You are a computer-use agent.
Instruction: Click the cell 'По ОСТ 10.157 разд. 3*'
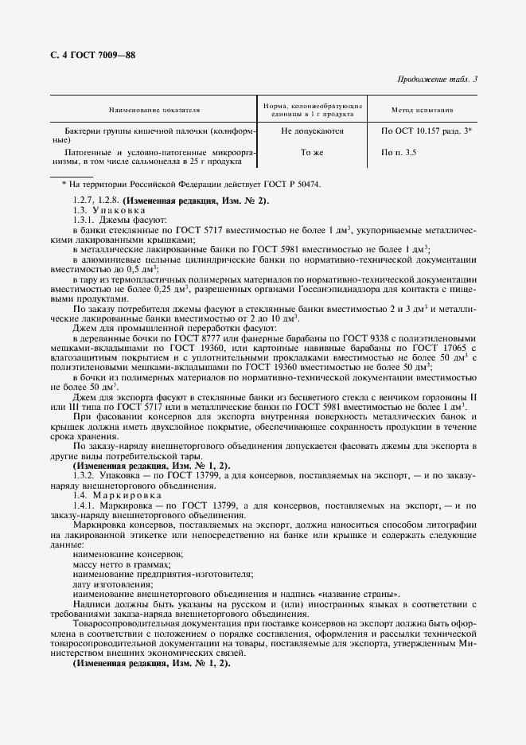pyautogui.click(x=427, y=130)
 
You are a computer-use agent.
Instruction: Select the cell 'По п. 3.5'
pyautogui.click(x=399, y=151)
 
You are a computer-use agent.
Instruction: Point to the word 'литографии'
pyautogui.click(x=451, y=525)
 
